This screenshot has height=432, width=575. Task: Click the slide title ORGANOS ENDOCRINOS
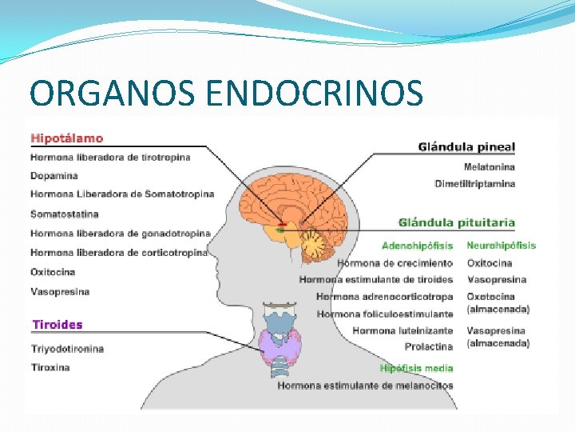225,93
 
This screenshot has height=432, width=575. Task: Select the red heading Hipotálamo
66,138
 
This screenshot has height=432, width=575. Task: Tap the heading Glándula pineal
466,147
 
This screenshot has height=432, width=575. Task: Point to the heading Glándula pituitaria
457,222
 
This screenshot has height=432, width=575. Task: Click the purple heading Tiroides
57,325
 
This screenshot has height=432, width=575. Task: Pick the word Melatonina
489,167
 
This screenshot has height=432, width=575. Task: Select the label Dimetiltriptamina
474,184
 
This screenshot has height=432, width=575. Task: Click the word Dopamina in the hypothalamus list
54,175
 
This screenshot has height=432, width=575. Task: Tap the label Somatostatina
65,214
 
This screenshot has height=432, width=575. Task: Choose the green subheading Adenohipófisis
417,246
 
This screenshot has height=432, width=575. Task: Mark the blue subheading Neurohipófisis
501,246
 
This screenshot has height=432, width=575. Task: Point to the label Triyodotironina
67,349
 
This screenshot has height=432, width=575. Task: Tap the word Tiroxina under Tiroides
50,367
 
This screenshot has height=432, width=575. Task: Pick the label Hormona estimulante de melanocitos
365,386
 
